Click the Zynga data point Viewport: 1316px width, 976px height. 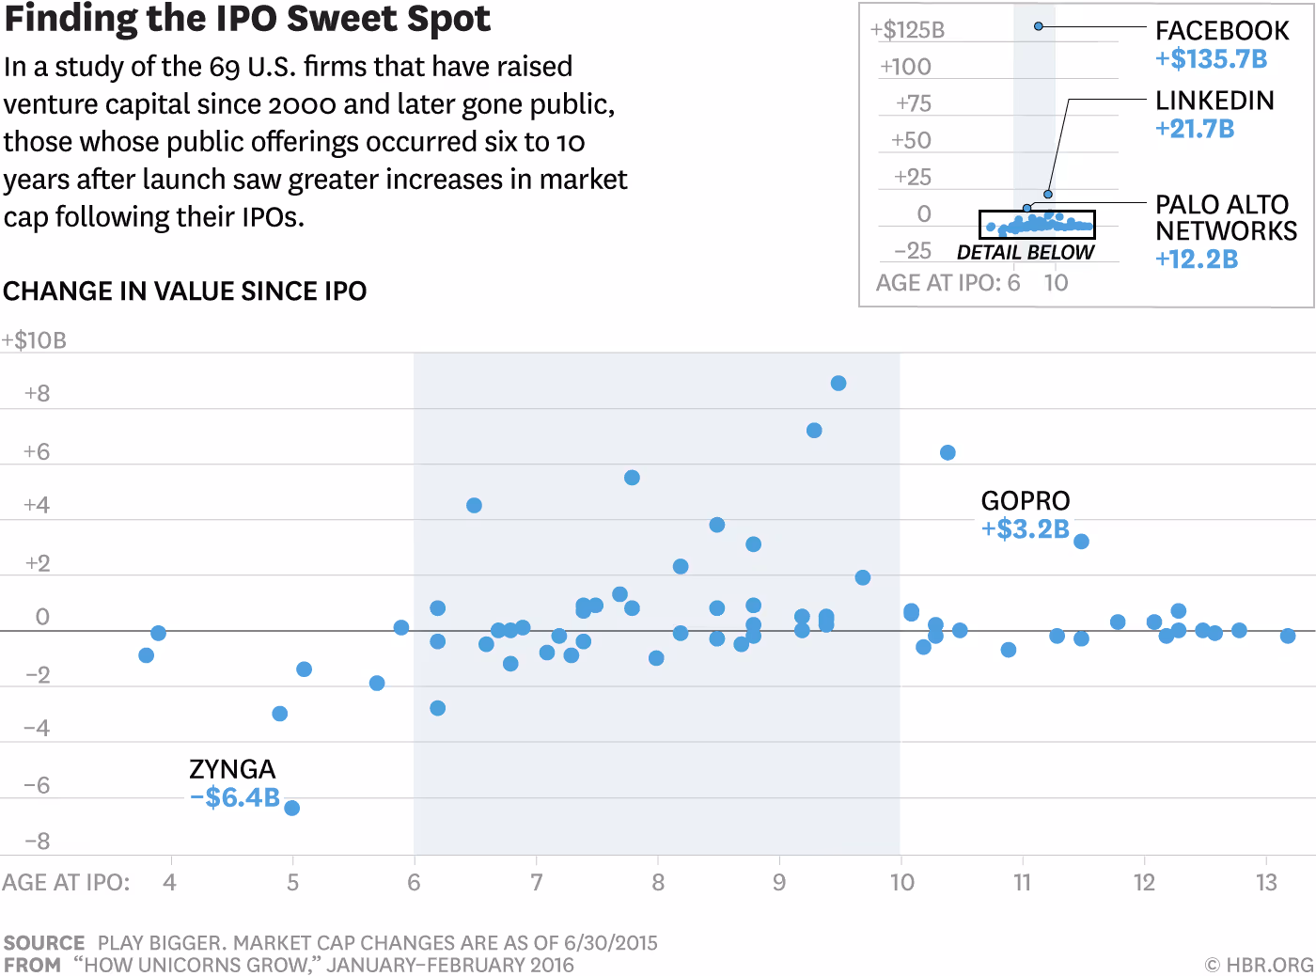(x=291, y=808)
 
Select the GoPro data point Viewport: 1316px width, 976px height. (x=1081, y=542)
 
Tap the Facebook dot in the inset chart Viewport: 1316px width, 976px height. (x=1039, y=26)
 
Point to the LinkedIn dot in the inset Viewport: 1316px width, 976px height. (x=1048, y=194)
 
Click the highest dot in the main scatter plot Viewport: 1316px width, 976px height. (x=838, y=384)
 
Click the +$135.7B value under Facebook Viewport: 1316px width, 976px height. (x=1211, y=59)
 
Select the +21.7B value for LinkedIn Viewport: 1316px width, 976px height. (x=1195, y=129)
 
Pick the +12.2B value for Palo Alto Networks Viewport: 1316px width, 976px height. (x=1196, y=259)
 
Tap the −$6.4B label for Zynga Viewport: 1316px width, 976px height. (x=235, y=797)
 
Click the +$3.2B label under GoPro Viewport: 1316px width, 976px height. (x=1026, y=528)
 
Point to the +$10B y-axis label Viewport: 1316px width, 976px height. (x=35, y=340)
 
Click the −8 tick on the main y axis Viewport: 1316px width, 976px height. (x=37, y=842)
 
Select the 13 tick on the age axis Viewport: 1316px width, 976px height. (x=1266, y=883)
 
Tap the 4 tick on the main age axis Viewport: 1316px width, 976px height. (x=170, y=883)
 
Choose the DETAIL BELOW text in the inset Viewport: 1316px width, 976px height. (x=1026, y=252)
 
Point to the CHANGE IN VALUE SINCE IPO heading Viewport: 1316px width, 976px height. (x=184, y=291)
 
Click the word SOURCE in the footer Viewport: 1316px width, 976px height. (x=44, y=943)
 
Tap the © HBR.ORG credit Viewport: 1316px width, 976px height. (x=1259, y=965)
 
